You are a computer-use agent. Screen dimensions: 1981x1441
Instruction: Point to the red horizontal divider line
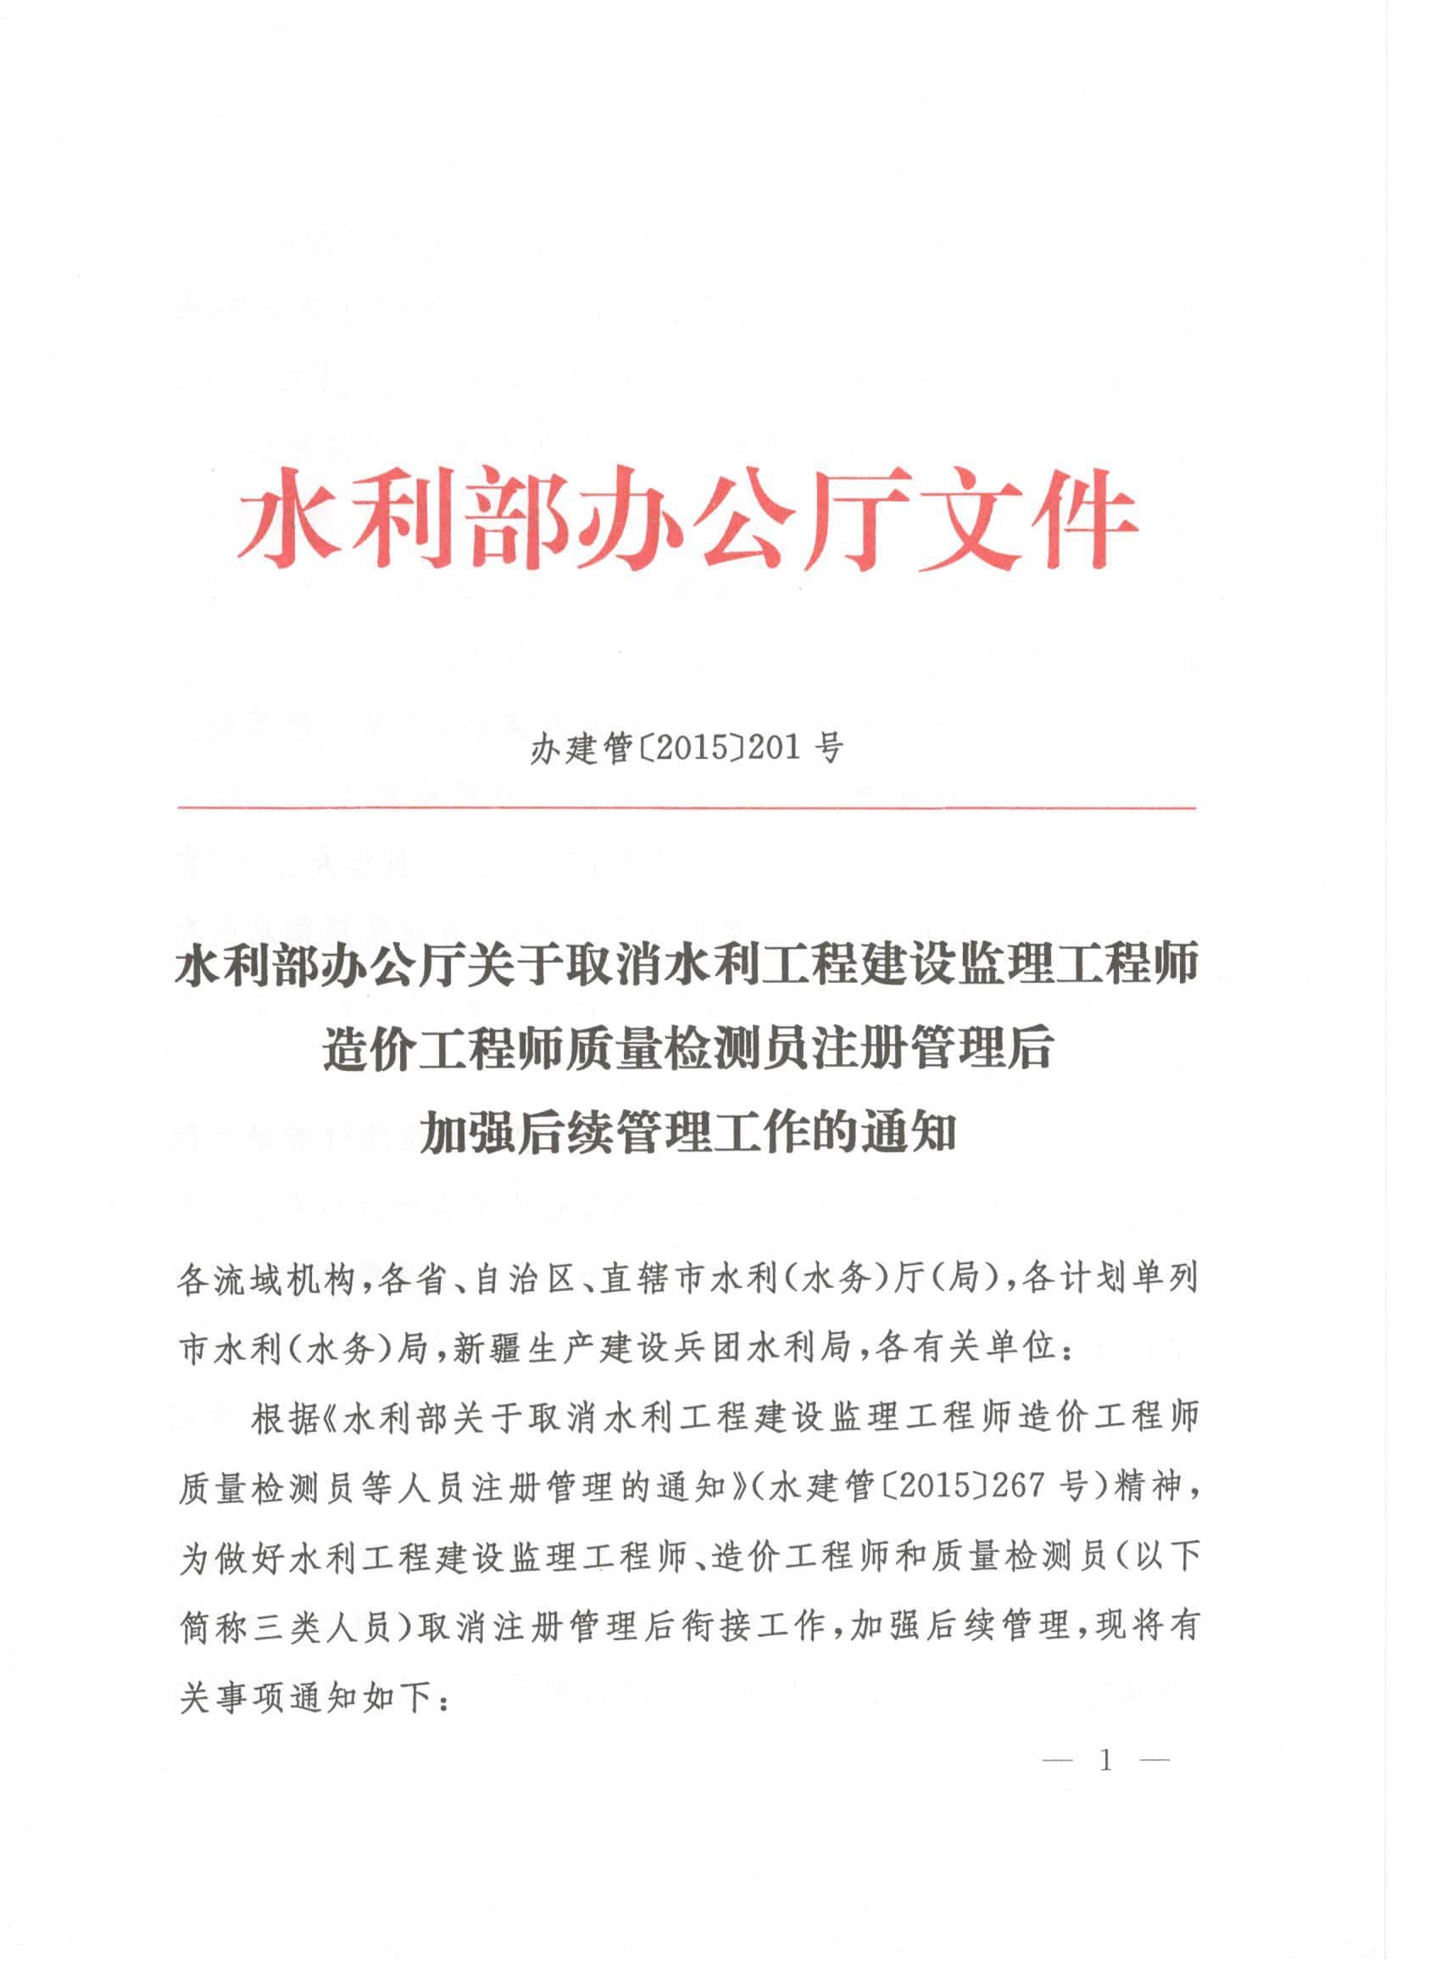686,809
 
